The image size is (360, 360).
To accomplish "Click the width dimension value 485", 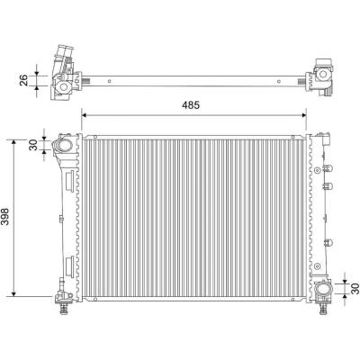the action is click(191, 105).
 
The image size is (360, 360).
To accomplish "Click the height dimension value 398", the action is click(6, 216).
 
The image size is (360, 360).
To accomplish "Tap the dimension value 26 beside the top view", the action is click(23, 80).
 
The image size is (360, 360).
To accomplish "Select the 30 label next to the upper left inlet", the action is click(33, 145).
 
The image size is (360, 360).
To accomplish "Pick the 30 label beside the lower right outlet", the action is click(355, 288).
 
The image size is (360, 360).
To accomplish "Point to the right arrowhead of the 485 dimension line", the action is click(303, 115).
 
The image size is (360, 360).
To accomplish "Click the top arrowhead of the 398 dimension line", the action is click(13, 142).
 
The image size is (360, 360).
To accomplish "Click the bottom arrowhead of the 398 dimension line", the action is click(13, 293).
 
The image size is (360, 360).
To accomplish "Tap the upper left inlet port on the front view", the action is click(64, 146).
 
